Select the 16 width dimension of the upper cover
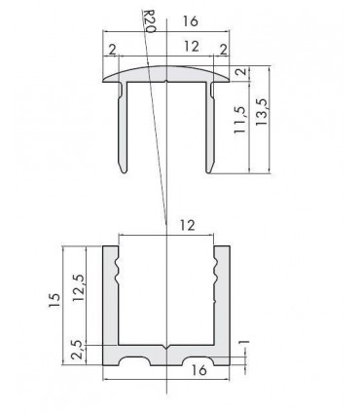point(191,20)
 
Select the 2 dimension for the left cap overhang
point(113,49)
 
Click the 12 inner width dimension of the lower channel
point(185,226)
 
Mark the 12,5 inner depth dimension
point(78,290)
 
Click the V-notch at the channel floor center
point(166,346)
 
